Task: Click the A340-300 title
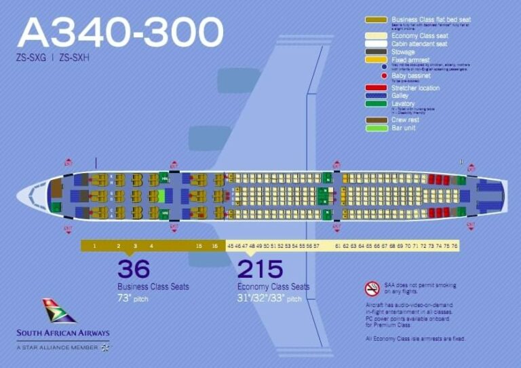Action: click(121, 31)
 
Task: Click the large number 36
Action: click(134, 269)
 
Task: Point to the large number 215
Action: click(260, 269)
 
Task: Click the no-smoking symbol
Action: click(372, 289)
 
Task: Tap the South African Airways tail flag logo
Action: click(59, 310)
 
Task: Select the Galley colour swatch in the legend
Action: click(377, 96)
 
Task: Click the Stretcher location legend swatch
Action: click(377, 88)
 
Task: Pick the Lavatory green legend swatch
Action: click(377, 104)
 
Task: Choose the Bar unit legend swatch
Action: click(377, 128)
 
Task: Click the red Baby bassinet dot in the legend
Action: click(384, 75)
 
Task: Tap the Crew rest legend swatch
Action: click(377, 119)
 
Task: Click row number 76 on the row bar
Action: click(455, 245)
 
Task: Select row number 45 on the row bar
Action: click(231, 245)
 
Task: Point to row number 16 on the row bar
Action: click(214, 245)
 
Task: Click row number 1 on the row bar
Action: click(94, 245)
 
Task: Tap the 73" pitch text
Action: click(134, 298)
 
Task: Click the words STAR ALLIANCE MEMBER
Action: click(64, 347)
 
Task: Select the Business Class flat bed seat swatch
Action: click(377, 20)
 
